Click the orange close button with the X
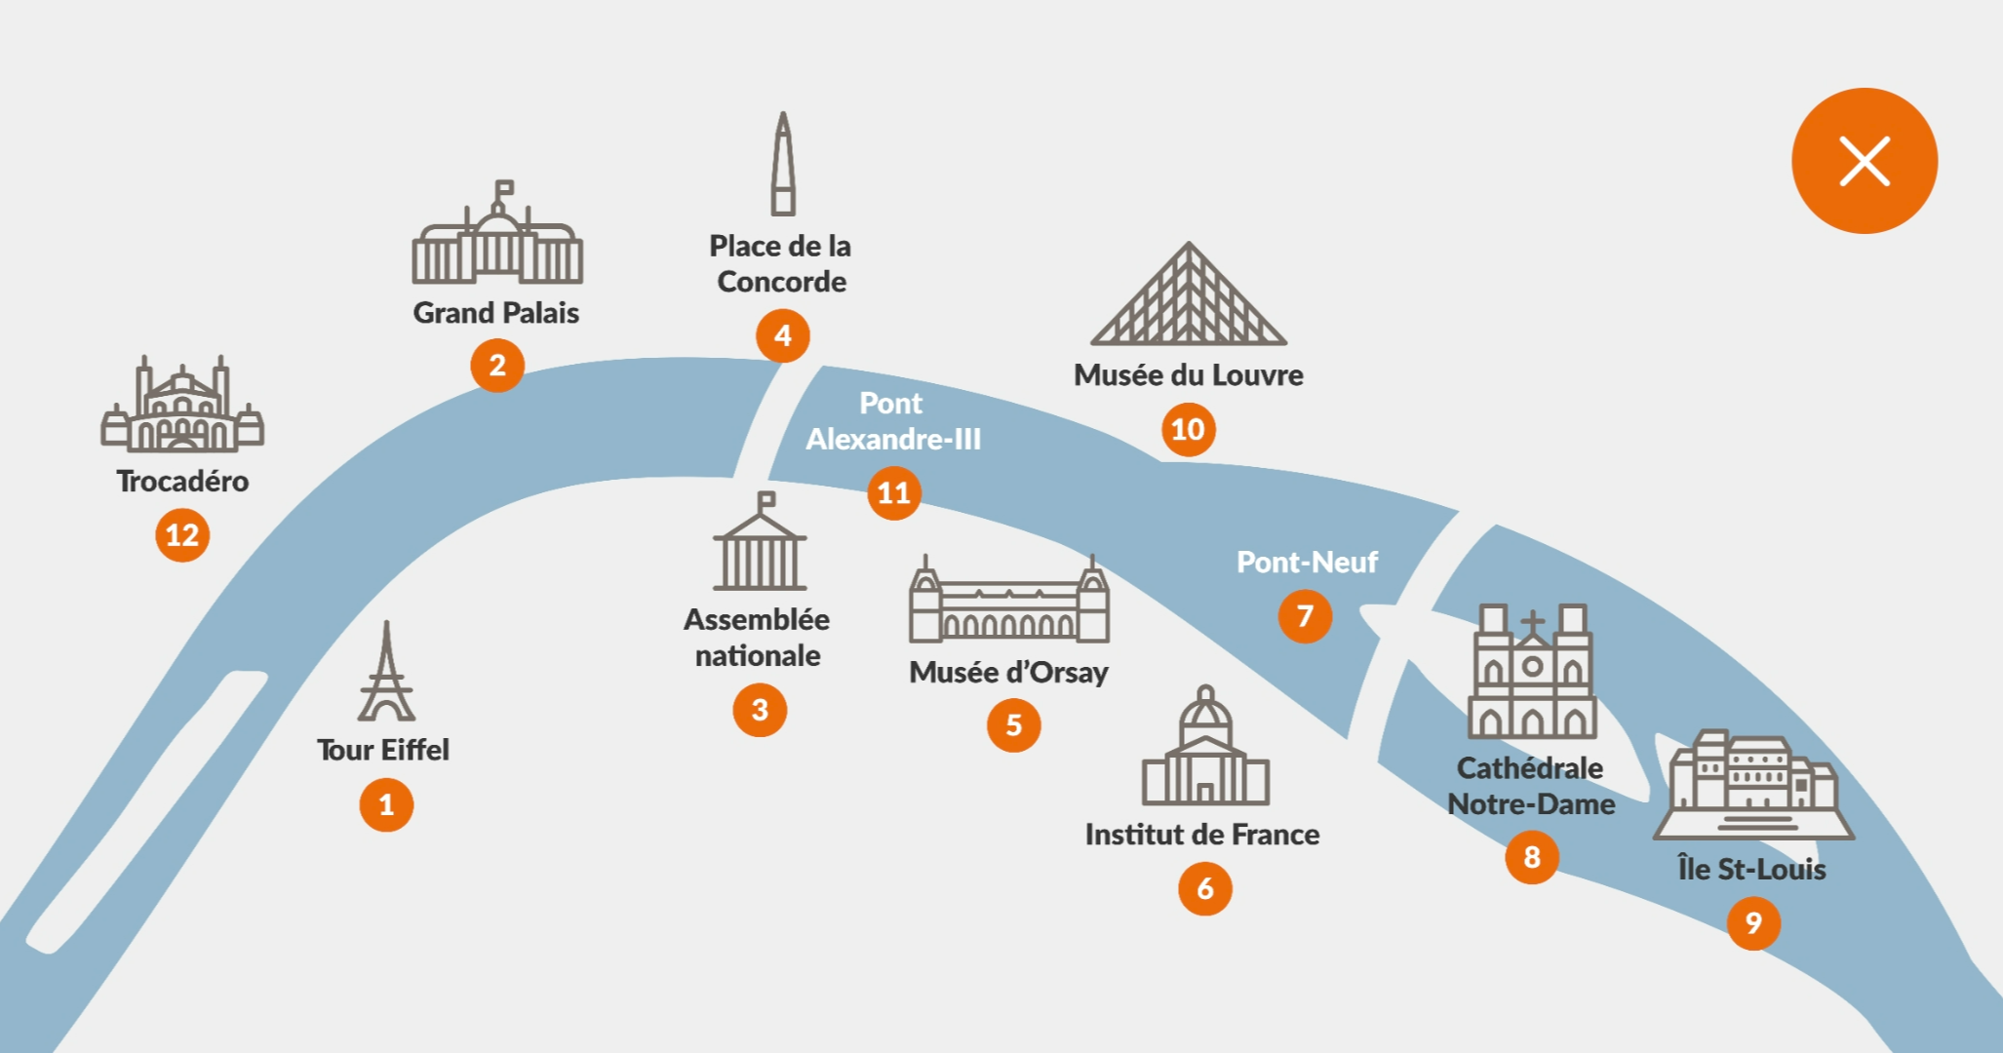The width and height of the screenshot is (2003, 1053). point(1864,161)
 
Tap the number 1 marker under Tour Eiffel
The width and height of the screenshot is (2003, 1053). point(386,804)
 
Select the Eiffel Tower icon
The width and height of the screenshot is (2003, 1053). point(386,673)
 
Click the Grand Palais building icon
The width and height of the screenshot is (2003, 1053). point(497,235)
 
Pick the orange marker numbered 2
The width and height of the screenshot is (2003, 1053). point(497,365)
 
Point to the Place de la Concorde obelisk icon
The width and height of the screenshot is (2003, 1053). point(782,164)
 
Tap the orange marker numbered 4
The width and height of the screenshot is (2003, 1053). point(782,335)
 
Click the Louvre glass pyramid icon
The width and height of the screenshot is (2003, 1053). point(1188,294)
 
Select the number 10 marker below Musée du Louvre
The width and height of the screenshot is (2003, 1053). point(1188,429)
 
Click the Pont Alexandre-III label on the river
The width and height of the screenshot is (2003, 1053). point(892,421)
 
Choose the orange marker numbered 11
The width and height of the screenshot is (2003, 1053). point(893,492)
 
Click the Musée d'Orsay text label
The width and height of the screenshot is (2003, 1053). point(1008,672)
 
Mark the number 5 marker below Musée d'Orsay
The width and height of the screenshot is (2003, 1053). point(1013,724)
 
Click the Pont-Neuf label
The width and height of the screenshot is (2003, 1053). point(1307,562)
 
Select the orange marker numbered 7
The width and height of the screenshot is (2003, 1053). point(1305,616)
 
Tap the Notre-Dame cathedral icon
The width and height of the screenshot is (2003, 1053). point(1531,672)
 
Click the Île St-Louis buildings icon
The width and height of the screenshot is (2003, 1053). point(1753,785)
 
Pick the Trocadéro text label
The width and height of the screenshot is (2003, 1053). point(182,481)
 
